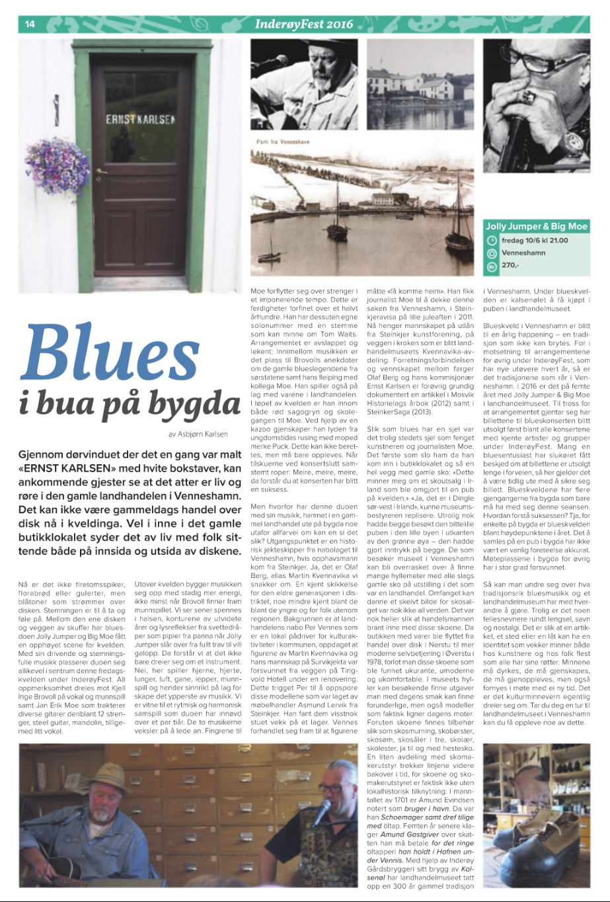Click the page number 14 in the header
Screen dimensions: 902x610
click(29, 24)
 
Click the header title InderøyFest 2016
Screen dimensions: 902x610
click(304, 24)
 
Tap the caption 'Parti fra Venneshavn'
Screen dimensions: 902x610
click(279, 142)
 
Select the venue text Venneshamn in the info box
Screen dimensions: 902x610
click(523, 253)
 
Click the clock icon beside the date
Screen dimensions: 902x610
click(492, 241)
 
